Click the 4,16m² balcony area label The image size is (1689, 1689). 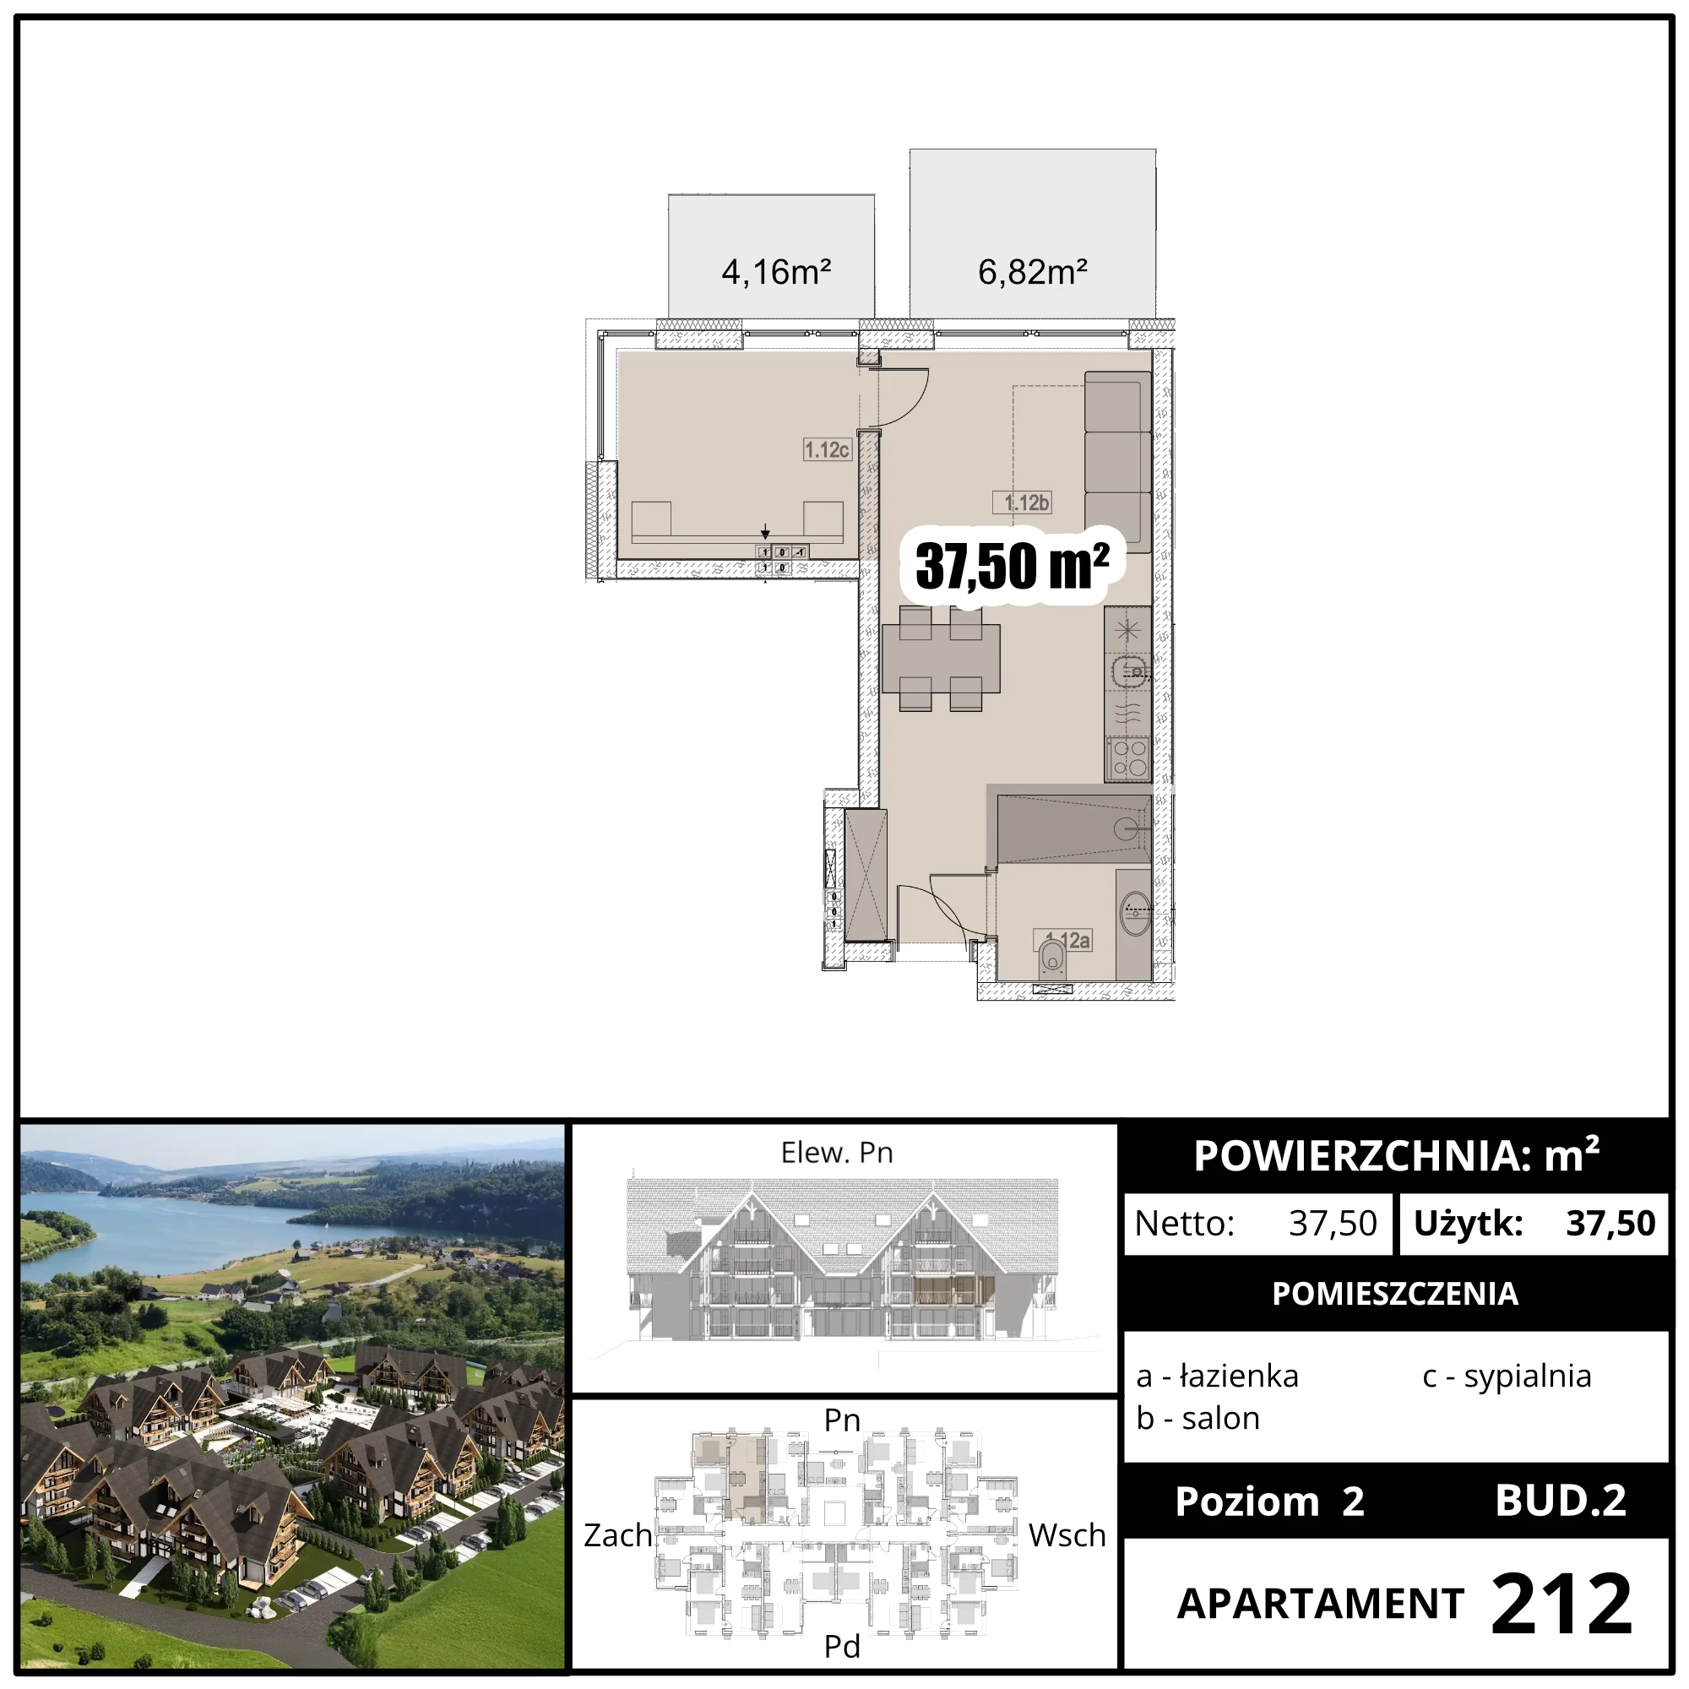(775, 272)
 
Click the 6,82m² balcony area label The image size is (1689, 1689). (1033, 272)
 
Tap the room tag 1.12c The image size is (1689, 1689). (827, 449)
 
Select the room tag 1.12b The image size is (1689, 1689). (1022, 502)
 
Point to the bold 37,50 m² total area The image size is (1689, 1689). (1013, 566)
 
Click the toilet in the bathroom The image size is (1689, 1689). (1051, 959)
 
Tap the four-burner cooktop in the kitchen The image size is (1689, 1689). (1127, 759)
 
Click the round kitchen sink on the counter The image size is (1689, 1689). (1128, 671)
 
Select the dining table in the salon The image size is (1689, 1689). (941, 660)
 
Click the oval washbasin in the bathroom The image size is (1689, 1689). (1136, 914)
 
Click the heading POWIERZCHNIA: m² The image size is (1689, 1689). (1396, 1156)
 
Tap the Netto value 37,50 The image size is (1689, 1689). (1333, 1223)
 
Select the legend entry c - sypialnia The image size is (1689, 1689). (1507, 1376)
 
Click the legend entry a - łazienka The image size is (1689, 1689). (1217, 1376)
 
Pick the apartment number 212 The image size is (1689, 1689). (1561, 1603)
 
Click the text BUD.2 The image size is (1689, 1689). (1561, 1501)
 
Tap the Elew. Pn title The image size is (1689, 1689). (837, 1152)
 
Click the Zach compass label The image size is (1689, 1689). (618, 1535)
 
